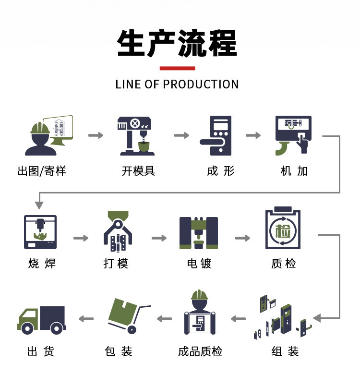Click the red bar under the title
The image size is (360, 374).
178,68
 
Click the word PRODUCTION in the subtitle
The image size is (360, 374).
201,84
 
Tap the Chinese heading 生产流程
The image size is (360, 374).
177,43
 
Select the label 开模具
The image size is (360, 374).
138,171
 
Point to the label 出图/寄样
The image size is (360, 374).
42,171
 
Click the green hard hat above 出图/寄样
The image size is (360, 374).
40,128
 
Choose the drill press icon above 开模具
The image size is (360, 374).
136,136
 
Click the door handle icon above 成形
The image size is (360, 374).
216,135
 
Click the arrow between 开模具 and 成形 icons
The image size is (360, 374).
181,135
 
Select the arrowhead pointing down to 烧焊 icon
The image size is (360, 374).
39,205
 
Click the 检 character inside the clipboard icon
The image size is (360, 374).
283,231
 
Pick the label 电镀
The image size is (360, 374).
199,264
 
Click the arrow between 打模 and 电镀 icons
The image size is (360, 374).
159,238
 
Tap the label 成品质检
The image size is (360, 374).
200,351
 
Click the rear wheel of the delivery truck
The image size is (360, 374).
56,328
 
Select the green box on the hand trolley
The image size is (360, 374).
123,310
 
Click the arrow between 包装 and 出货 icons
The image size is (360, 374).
86,319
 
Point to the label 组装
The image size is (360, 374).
285,351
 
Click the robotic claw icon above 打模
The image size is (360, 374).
118,231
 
